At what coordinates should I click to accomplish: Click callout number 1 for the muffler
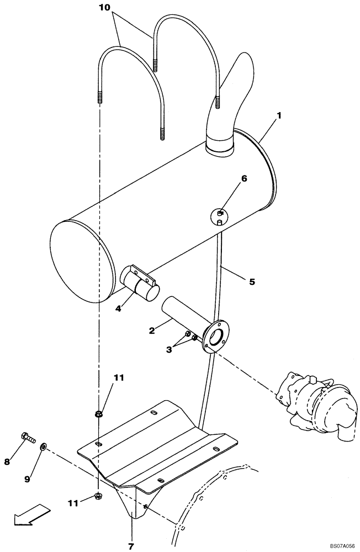(279, 116)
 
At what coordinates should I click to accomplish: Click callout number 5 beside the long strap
(252, 282)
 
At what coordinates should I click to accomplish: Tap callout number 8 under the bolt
(8, 461)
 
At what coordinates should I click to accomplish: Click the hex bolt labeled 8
(28, 438)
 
